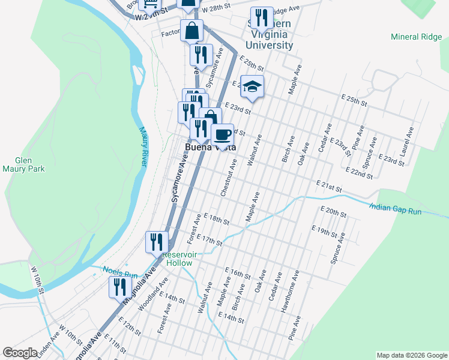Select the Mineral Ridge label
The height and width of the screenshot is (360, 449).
coord(416,37)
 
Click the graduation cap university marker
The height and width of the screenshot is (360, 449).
coord(252,86)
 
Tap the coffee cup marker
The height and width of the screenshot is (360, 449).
coord(222,134)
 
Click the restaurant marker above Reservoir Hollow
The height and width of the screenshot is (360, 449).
coord(157,242)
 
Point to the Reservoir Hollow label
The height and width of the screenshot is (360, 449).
coord(178,259)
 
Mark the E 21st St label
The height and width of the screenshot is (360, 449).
coord(329,185)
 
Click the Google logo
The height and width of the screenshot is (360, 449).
coord(20,353)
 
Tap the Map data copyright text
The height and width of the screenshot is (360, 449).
coord(411,355)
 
